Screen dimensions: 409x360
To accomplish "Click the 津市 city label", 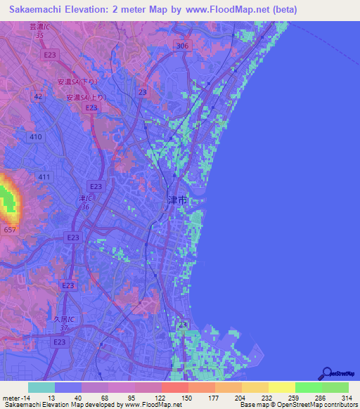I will click(x=177, y=200).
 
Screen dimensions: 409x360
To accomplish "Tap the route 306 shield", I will click(x=183, y=45).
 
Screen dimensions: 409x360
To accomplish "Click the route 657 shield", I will click(x=9, y=230).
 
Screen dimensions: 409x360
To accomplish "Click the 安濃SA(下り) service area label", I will click(x=78, y=82).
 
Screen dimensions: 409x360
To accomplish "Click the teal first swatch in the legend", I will click(x=41, y=387).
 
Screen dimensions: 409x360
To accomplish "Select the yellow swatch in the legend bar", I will click(x=281, y=387).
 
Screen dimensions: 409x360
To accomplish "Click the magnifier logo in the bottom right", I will click(x=327, y=374).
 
